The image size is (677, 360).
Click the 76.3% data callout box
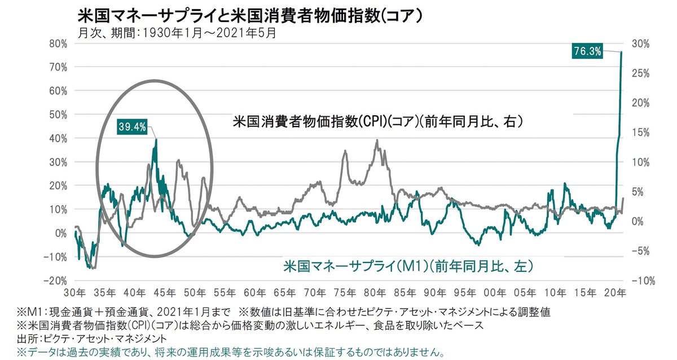pyautogui.click(x=587, y=51)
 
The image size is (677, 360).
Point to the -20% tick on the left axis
pyautogui.click(x=56, y=280)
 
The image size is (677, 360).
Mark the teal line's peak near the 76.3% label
pyautogui.click(x=622, y=52)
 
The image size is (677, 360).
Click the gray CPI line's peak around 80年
pyautogui.click(x=377, y=141)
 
